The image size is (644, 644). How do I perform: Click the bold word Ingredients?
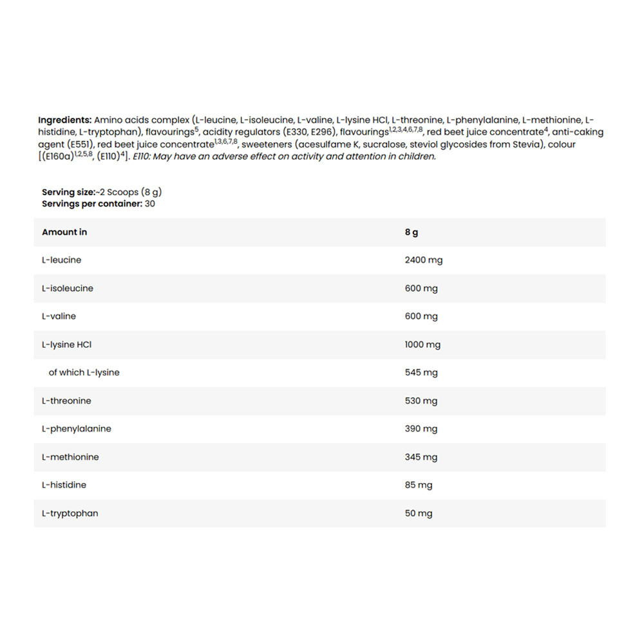(x=64, y=120)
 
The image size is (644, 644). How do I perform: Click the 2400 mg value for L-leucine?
(x=423, y=260)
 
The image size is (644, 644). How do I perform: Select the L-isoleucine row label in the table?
(x=67, y=289)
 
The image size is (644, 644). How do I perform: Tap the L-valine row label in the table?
(x=59, y=316)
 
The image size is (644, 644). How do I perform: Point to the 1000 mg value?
(x=422, y=345)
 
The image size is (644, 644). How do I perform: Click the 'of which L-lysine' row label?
(x=84, y=372)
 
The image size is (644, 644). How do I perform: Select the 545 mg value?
(x=421, y=372)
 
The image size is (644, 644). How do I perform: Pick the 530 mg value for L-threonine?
(x=421, y=401)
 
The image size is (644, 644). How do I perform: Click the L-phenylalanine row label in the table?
(x=76, y=429)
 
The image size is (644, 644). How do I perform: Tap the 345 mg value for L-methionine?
(x=421, y=457)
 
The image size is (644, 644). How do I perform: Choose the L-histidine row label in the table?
(x=64, y=485)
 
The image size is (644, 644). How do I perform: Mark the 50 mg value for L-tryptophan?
(x=419, y=513)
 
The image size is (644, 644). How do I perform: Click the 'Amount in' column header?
(x=64, y=232)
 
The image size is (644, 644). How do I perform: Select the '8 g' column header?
(x=412, y=232)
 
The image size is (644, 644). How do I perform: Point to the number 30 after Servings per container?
(x=150, y=204)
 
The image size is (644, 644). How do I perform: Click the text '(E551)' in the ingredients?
(x=80, y=144)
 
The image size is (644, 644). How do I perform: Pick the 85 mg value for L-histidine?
(x=419, y=485)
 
